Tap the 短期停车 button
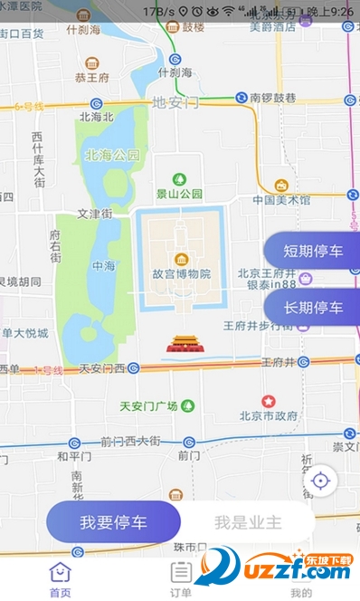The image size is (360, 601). pyautogui.click(x=312, y=252)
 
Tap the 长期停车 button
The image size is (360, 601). pyautogui.click(x=312, y=308)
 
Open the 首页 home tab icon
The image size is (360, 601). pyautogui.click(x=60, y=572)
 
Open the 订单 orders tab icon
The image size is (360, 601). pyautogui.click(x=181, y=572)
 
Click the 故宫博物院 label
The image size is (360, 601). pyautogui.click(x=181, y=274)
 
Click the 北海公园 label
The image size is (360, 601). pyautogui.click(x=112, y=155)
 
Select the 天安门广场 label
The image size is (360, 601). pyautogui.click(x=148, y=405)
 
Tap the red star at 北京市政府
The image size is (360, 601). pyautogui.click(x=269, y=401)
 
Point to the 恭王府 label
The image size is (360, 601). pyautogui.click(x=92, y=79)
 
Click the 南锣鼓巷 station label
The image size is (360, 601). pyautogui.click(x=274, y=97)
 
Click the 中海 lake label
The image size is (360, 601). pyautogui.click(x=103, y=265)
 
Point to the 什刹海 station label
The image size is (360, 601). pyautogui.click(x=175, y=72)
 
